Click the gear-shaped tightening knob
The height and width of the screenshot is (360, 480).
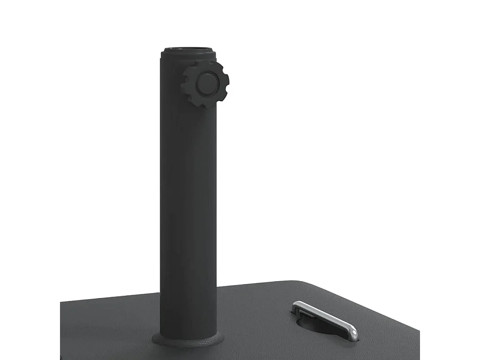pyautogui.click(x=205, y=85)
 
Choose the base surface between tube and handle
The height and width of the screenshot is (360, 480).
pyautogui.click(x=253, y=319)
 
